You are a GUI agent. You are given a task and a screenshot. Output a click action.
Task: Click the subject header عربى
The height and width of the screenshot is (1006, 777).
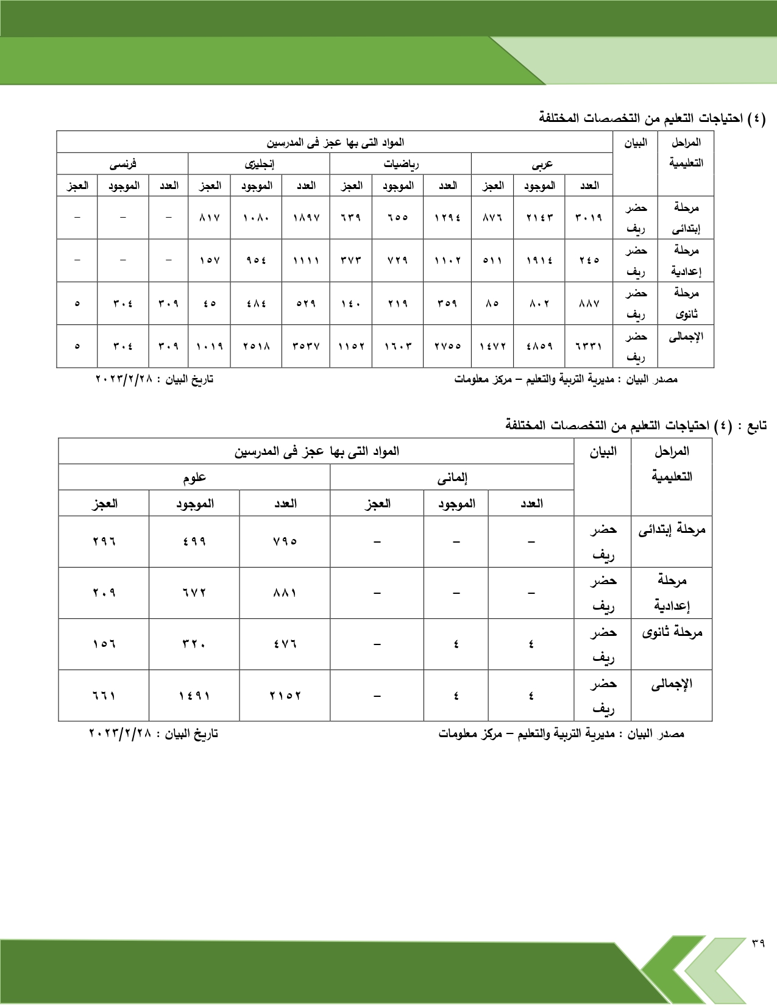[542, 164]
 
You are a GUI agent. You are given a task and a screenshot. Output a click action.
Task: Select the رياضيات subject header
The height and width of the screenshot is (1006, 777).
[400, 164]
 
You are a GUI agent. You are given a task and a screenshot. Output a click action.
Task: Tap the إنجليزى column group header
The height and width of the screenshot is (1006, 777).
[259, 164]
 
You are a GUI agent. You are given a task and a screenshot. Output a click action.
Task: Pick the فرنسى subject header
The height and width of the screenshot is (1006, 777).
[122, 164]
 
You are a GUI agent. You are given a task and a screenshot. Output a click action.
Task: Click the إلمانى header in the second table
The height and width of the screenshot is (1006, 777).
[452, 478]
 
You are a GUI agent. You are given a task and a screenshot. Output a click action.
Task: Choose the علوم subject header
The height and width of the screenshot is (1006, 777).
[194, 478]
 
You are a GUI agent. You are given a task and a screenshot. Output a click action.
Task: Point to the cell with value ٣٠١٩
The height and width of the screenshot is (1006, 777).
[588, 218]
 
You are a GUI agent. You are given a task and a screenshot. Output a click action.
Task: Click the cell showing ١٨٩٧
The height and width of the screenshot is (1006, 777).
[306, 218]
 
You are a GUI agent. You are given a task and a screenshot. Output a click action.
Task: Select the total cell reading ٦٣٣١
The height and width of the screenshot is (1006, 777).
[588, 346]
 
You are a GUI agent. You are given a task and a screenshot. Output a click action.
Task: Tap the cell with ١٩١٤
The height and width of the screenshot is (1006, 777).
[539, 260]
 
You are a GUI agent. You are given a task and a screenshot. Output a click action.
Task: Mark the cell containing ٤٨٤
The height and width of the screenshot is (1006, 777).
[256, 304]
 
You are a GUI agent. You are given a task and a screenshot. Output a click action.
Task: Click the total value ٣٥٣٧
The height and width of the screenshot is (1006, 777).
[306, 346]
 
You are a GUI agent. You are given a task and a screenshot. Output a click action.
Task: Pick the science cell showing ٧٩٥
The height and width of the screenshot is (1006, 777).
[285, 541]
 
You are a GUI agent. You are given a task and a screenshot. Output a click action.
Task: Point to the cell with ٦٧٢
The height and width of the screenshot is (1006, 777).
[194, 593]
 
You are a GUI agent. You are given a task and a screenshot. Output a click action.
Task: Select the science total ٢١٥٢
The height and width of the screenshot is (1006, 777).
[285, 696]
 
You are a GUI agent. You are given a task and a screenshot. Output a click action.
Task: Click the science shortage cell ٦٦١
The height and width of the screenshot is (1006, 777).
[104, 696]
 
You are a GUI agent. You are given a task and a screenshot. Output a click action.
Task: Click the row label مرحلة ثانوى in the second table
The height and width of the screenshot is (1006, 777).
[672, 633]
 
